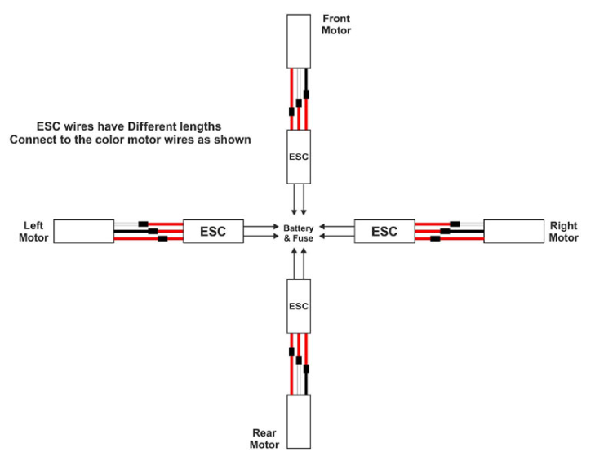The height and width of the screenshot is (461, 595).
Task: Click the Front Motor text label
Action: [335, 24]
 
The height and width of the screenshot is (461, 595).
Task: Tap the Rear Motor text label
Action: [264, 439]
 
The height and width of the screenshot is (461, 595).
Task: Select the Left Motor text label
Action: [33, 232]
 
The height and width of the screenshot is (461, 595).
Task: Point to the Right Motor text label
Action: [563, 232]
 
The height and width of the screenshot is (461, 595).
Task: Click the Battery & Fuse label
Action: [299, 233]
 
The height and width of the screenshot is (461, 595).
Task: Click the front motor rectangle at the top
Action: [299, 42]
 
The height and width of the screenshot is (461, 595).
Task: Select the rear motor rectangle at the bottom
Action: [299, 422]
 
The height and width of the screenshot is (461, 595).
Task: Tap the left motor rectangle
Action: [84, 231]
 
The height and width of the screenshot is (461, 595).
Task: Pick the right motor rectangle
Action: [514, 231]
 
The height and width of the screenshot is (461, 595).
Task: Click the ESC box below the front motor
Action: [299, 157]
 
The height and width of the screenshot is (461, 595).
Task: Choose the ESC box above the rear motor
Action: [299, 306]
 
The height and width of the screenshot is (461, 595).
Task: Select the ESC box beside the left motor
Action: [213, 231]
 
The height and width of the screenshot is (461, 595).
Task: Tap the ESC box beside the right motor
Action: [384, 231]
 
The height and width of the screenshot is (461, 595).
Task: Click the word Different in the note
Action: [152, 126]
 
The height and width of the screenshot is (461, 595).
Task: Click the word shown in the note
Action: [233, 140]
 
